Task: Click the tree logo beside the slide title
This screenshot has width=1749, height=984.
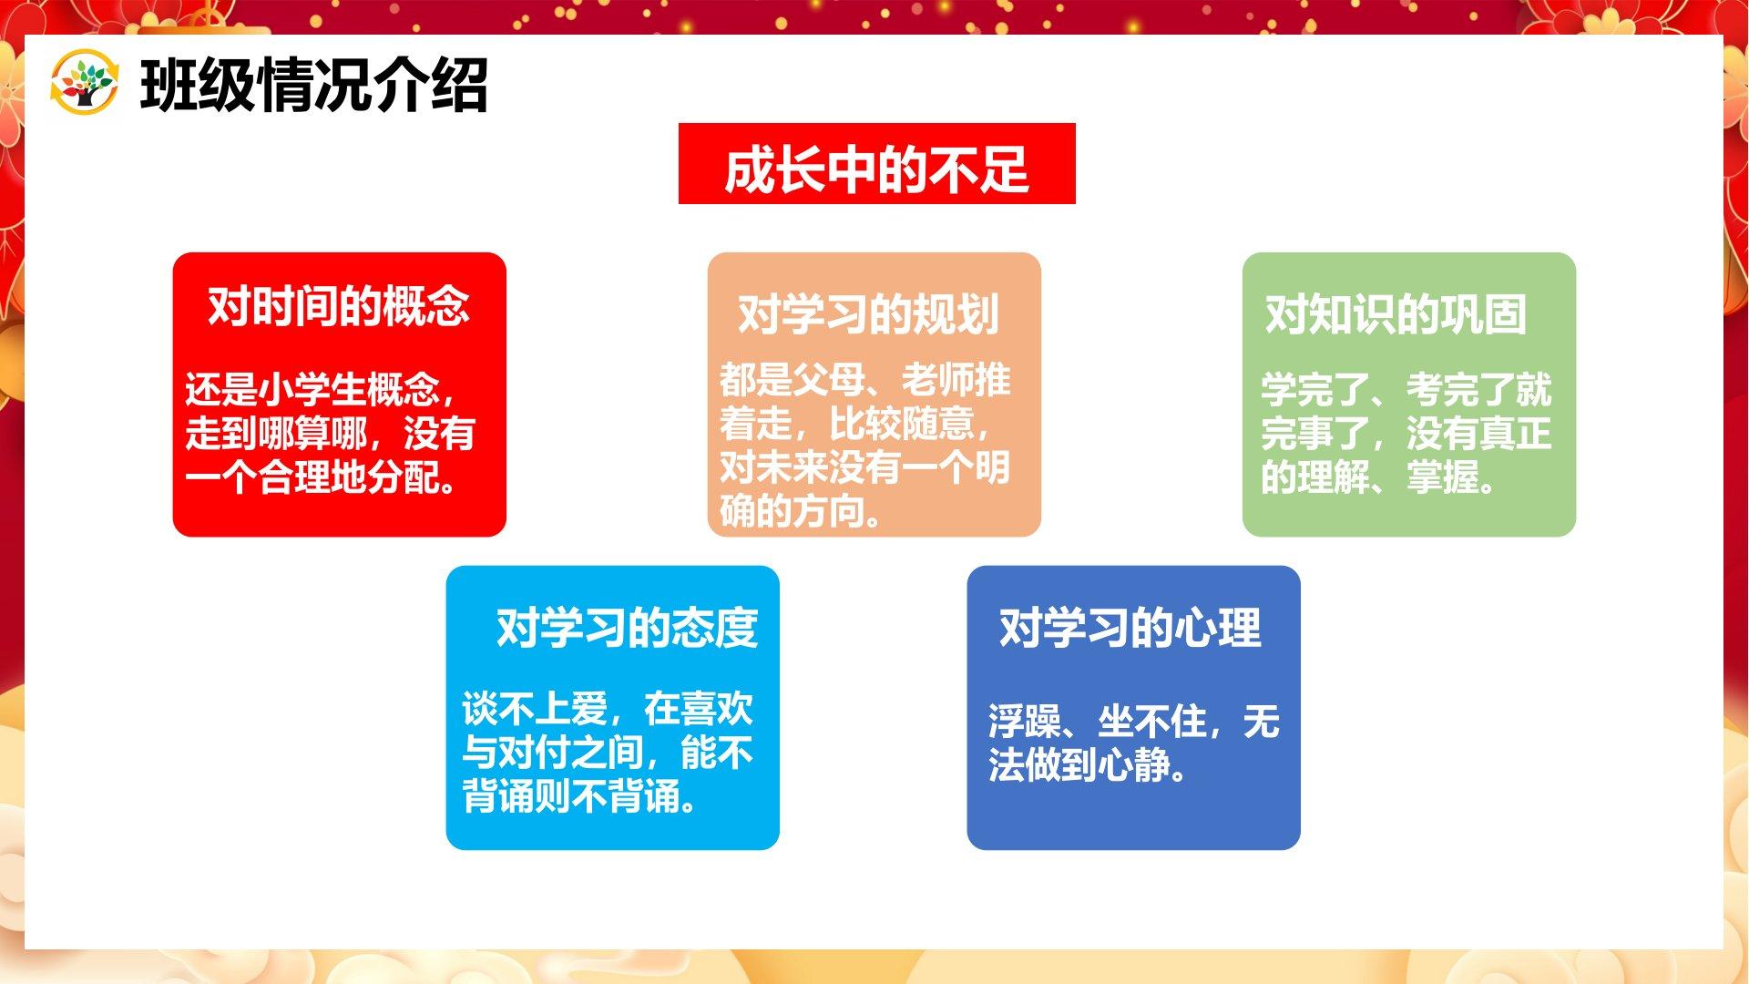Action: tap(84, 82)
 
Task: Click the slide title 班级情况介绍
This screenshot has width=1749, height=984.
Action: tap(314, 86)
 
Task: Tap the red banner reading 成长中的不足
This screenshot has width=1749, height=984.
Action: tap(876, 164)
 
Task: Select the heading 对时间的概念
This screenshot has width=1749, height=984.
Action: tap(339, 306)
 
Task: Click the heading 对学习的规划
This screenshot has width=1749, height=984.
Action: tap(868, 314)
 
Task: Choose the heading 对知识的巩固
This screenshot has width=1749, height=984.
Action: tap(1396, 314)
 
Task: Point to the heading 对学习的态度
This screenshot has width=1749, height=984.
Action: tap(627, 628)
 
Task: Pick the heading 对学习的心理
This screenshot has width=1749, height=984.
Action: tap(1130, 628)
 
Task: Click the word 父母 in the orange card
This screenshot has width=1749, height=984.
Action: tap(829, 380)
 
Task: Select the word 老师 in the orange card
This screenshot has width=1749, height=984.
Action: tap(938, 380)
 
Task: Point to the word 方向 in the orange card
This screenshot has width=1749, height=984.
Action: tap(829, 511)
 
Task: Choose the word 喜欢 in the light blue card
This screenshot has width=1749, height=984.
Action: tap(717, 710)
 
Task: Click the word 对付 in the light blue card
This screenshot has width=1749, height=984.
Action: tap(535, 753)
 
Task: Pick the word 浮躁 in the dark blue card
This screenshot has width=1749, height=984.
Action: tap(1025, 723)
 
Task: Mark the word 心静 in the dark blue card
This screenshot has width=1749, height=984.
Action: tap(1134, 766)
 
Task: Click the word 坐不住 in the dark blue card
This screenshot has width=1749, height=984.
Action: tap(1152, 723)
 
